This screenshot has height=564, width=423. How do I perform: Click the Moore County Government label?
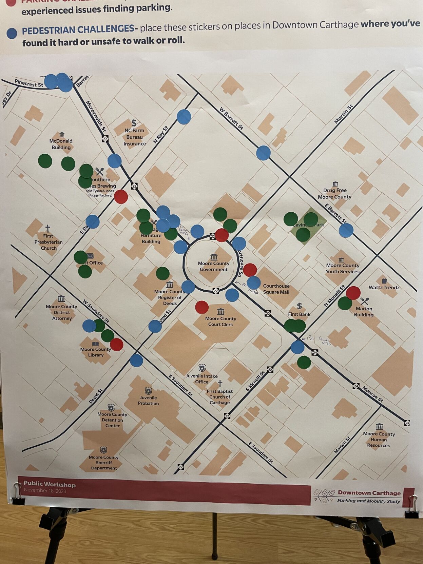(214, 266)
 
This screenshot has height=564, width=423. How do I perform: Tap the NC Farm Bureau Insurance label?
(134, 137)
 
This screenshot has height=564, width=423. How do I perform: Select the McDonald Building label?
(61, 144)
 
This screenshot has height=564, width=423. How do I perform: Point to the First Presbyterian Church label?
(48, 242)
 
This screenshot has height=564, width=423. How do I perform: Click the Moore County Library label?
(96, 352)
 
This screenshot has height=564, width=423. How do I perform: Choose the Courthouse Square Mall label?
(276, 289)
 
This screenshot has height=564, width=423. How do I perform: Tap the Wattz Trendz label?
(384, 287)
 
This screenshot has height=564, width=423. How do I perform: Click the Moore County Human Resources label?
(379, 439)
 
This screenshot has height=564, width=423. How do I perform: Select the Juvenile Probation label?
(148, 400)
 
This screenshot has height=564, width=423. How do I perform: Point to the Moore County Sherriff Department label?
(104, 462)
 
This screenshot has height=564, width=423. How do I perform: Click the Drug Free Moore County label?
(334, 193)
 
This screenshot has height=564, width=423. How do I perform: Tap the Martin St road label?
(344, 114)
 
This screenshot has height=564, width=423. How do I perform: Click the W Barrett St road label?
(231, 118)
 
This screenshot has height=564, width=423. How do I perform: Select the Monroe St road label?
(372, 394)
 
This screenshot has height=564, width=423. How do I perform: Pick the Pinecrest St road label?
(29, 83)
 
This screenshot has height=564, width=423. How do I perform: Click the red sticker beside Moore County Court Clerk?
(202, 307)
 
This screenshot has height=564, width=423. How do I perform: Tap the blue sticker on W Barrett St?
(263, 153)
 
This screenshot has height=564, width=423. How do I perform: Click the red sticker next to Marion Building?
(353, 293)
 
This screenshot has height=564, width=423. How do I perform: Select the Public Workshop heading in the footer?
(50, 484)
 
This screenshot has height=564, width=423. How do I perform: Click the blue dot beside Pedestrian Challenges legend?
(12, 33)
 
